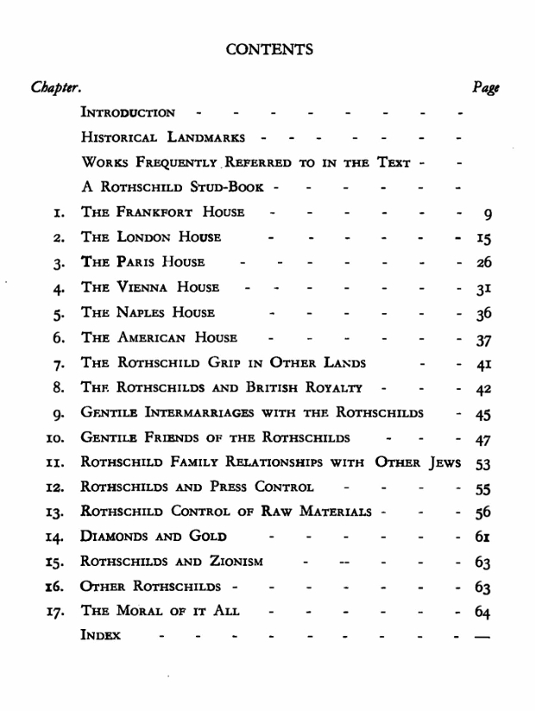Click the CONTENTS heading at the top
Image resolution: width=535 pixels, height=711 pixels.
269,49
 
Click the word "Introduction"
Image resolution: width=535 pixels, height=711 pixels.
128,113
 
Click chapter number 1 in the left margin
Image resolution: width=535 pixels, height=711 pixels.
58,212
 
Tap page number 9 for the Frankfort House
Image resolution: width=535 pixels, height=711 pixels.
488,213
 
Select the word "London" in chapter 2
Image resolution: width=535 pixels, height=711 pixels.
138,237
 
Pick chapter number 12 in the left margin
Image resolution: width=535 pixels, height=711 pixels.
54,488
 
